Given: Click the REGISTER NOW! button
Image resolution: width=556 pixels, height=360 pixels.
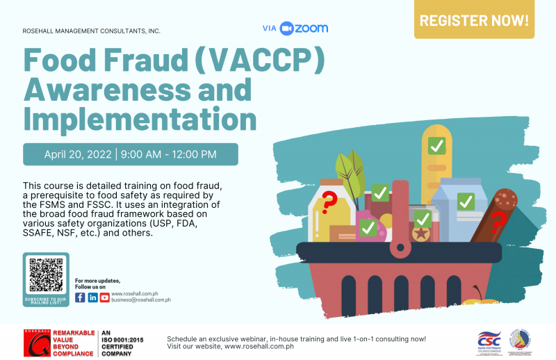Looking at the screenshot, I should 474,19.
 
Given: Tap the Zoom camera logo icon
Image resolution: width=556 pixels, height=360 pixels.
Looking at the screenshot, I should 287,28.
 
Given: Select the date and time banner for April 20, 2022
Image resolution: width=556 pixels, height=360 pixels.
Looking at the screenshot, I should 131,154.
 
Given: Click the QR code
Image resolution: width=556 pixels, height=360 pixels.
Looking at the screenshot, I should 46,275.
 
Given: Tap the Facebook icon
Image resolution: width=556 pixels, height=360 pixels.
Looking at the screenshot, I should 80,297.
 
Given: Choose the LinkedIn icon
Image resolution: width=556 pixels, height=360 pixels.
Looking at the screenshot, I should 92,297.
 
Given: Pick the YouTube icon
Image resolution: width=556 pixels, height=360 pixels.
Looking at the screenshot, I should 105,297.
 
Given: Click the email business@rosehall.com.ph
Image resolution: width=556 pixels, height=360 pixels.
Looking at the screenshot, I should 141,300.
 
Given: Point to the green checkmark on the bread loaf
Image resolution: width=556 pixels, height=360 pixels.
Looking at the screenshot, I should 436,146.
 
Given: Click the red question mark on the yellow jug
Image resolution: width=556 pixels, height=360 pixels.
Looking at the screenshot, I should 329,202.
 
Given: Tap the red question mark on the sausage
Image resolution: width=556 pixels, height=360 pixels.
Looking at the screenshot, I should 498,223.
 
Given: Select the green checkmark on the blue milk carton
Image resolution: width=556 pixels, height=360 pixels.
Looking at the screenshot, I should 465,202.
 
